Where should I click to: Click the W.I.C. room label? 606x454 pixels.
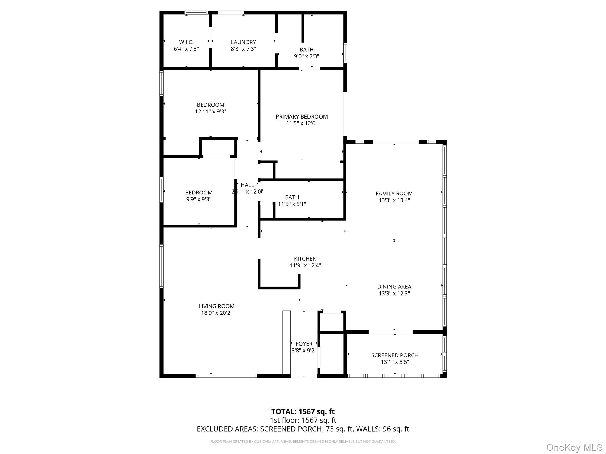[186, 42]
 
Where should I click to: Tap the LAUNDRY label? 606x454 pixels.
[243, 42]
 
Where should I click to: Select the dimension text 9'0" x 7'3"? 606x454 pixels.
[306, 56]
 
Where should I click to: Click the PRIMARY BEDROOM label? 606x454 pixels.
[302, 116]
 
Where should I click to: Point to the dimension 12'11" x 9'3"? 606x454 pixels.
[210, 111]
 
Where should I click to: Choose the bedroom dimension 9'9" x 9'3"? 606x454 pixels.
[199, 199]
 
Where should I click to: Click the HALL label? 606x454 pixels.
[247, 185]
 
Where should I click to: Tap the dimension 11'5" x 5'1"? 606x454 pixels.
[292, 204]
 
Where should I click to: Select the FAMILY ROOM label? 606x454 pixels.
[394, 193]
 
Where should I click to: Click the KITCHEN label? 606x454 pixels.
[305, 259]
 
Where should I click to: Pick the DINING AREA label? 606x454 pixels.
[394, 286]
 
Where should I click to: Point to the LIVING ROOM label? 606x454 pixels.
[217, 306]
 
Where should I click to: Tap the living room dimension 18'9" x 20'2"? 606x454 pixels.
[217, 313]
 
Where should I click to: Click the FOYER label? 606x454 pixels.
[304, 344]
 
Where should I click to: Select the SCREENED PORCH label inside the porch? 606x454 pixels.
[394, 355]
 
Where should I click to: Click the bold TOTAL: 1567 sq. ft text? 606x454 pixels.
[303, 411]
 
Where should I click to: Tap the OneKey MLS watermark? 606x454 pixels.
[574, 447]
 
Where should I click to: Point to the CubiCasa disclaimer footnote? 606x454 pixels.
[303, 442]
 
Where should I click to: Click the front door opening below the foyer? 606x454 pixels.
[304, 376]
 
